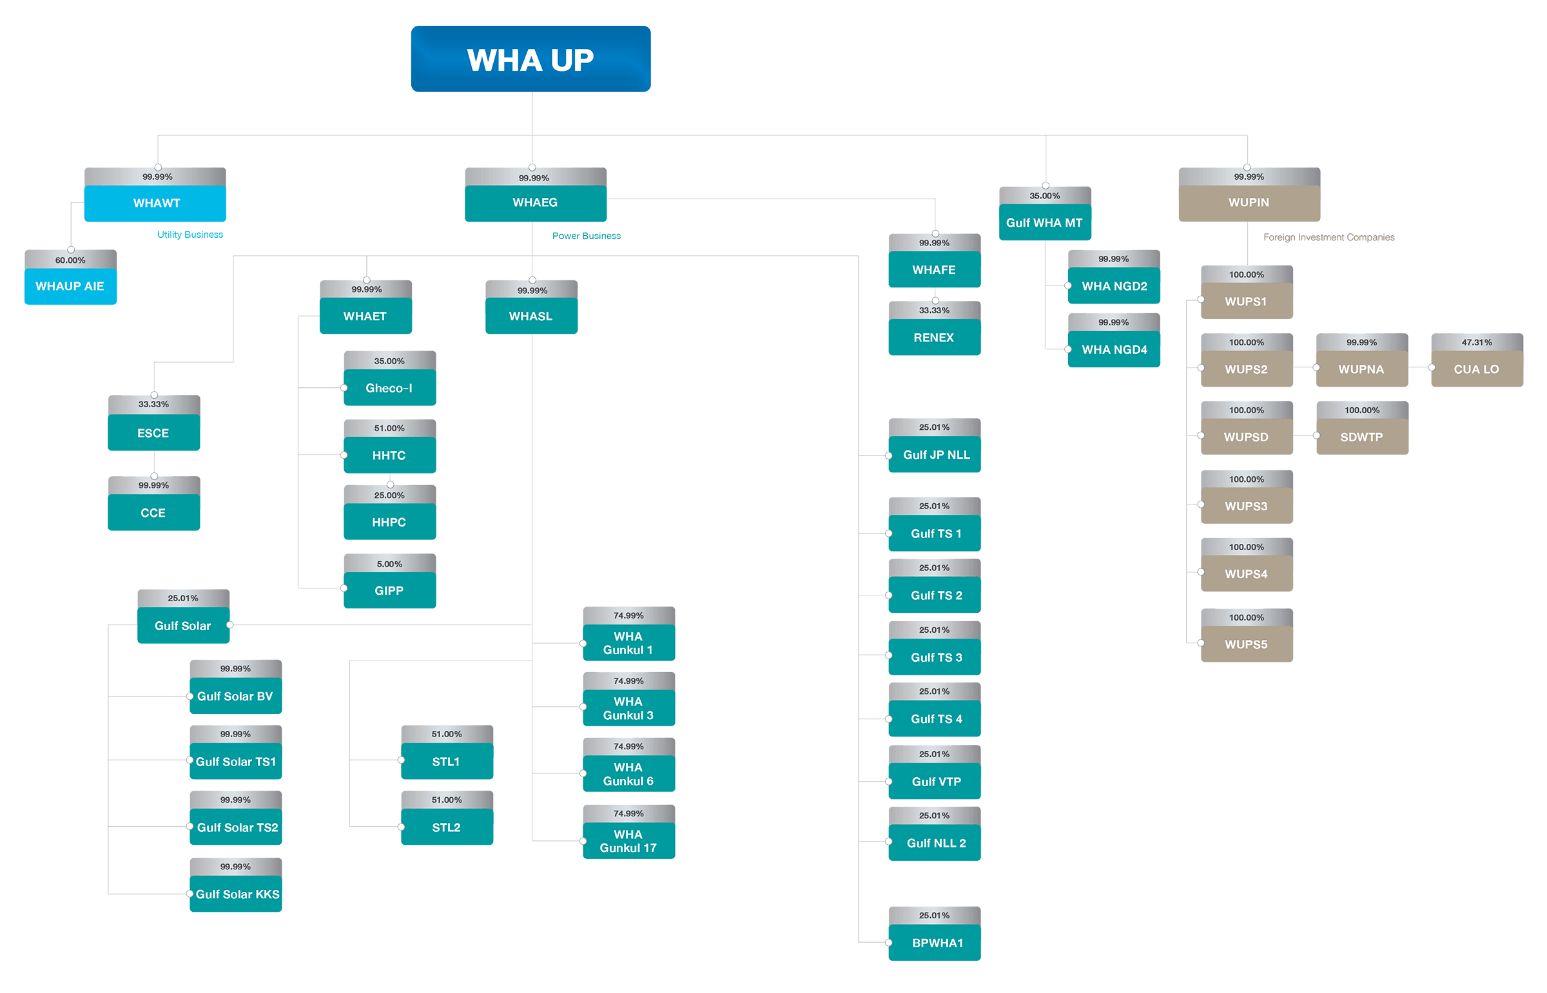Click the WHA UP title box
click(x=530, y=59)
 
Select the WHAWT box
click(x=155, y=203)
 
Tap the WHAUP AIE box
click(x=70, y=286)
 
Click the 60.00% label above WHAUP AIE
click(x=70, y=260)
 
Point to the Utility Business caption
click(x=190, y=235)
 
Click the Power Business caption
click(x=586, y=236)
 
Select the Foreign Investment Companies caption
click(x=1328, y=237)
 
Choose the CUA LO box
click(x=1476, y=369)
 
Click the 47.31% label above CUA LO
click(x=1476, y=342)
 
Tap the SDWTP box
click(x=1361, y=436)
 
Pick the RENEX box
click(x=934, y=337)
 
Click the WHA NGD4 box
click(x=1114, y=349)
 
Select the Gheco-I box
click(x=389, y=387)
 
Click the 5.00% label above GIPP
click(x=389, y=564)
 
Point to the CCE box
click(x=153, y=513)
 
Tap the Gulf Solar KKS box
click(x=236, y=894)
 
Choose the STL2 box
click(x=446, y=827)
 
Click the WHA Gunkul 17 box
click(x=628, y=841)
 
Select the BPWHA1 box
click(x=937, y=943)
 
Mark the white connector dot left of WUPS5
click(x=1201, y=643)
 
